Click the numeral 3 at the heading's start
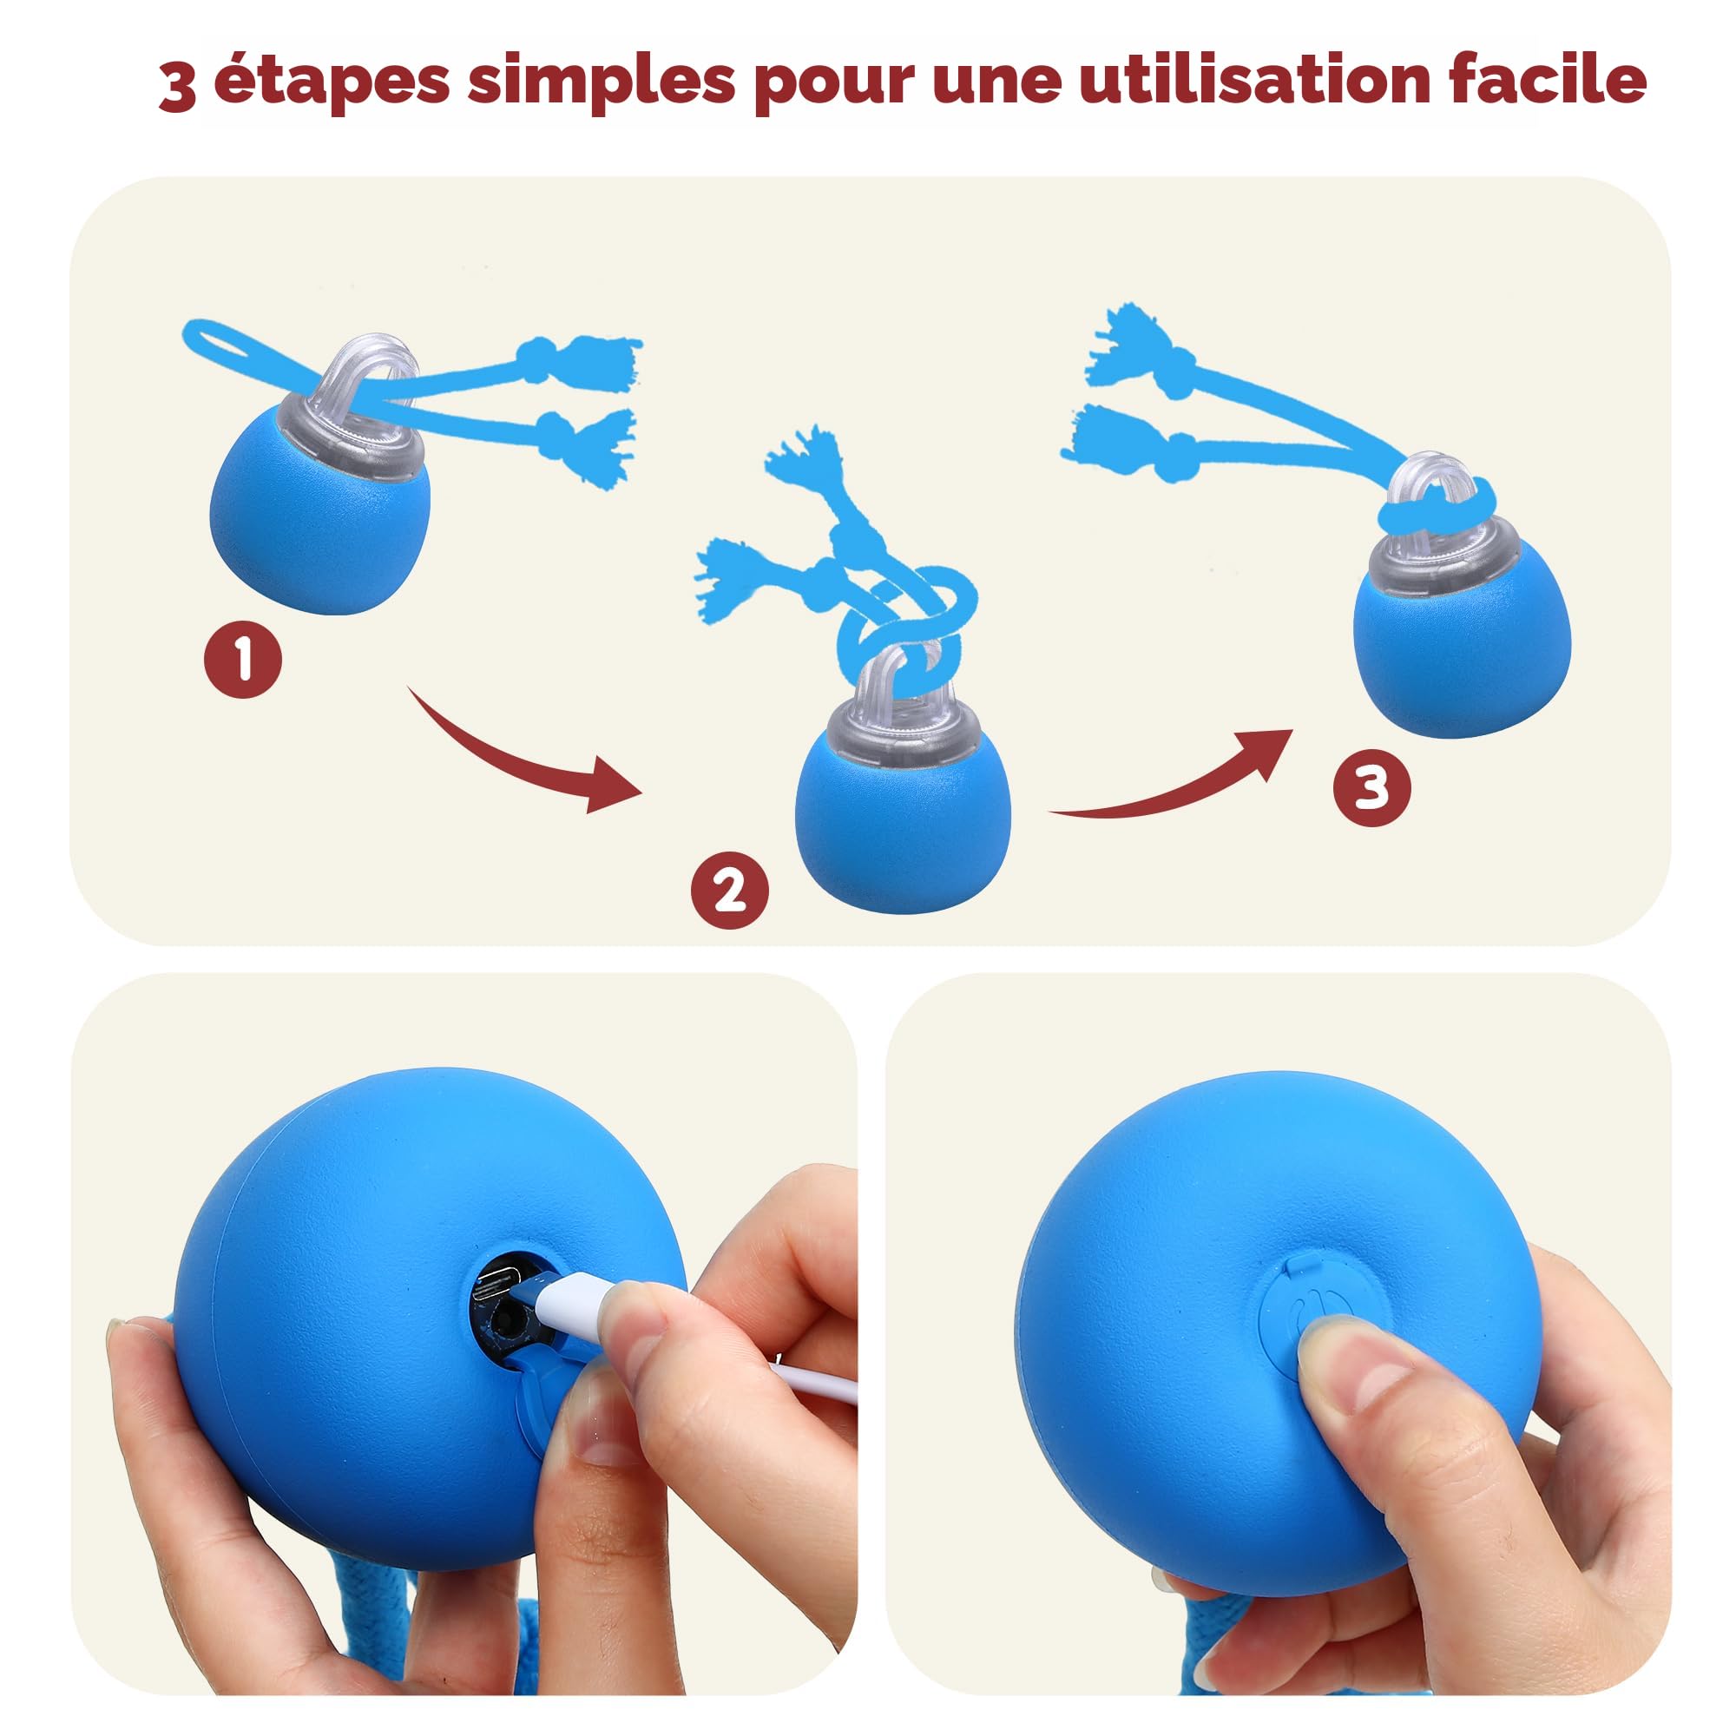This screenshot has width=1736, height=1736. point(178,88)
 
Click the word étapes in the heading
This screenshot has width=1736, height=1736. point(331,81)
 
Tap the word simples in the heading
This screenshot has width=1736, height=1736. point(602,81)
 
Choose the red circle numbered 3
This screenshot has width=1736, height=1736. point(1371,788)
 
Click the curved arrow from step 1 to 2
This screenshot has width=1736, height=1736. point(521,755)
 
